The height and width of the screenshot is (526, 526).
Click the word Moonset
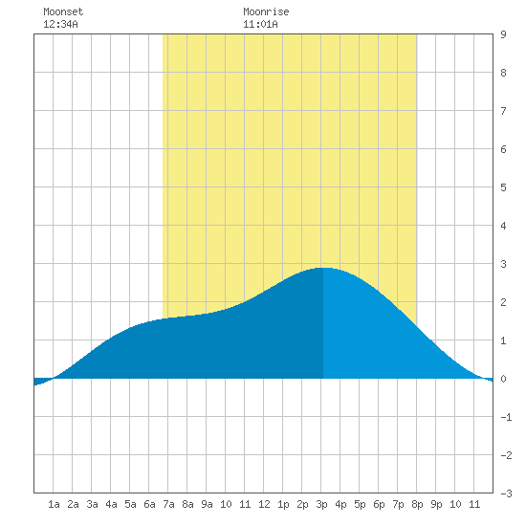(x=63, y=11)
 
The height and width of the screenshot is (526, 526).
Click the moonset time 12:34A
(x=60, y=24)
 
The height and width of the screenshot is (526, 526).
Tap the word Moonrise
(x=266, y=11)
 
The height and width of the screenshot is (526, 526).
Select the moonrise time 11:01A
(x=260, y=24)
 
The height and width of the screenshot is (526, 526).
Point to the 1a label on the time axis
(x=54, y=504)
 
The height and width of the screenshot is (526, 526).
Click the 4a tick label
(x=111, y=504)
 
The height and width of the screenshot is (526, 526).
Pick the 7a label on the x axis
(x=168, y=504)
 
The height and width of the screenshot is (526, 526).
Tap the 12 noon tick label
(x=264, y=504)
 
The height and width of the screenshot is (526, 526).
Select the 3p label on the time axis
(x=321, y=504)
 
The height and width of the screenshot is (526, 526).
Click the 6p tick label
(x=379, y=504)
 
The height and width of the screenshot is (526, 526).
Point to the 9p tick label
(x=436, y=504)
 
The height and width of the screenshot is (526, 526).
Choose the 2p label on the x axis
(x=302, y=504)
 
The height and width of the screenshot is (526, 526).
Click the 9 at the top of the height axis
(x=503, y=34)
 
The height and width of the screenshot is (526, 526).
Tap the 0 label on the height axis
(x=503, y=379)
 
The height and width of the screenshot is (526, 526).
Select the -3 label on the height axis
(x=506, y=493)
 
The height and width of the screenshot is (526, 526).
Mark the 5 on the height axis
(x=503, y=187)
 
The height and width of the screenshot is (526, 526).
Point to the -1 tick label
(x=506, y=417)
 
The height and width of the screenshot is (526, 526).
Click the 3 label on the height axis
(x=503, y=264)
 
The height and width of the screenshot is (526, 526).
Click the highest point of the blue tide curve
(x=322, y=268)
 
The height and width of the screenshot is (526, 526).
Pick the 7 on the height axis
(x=503, y=111)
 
